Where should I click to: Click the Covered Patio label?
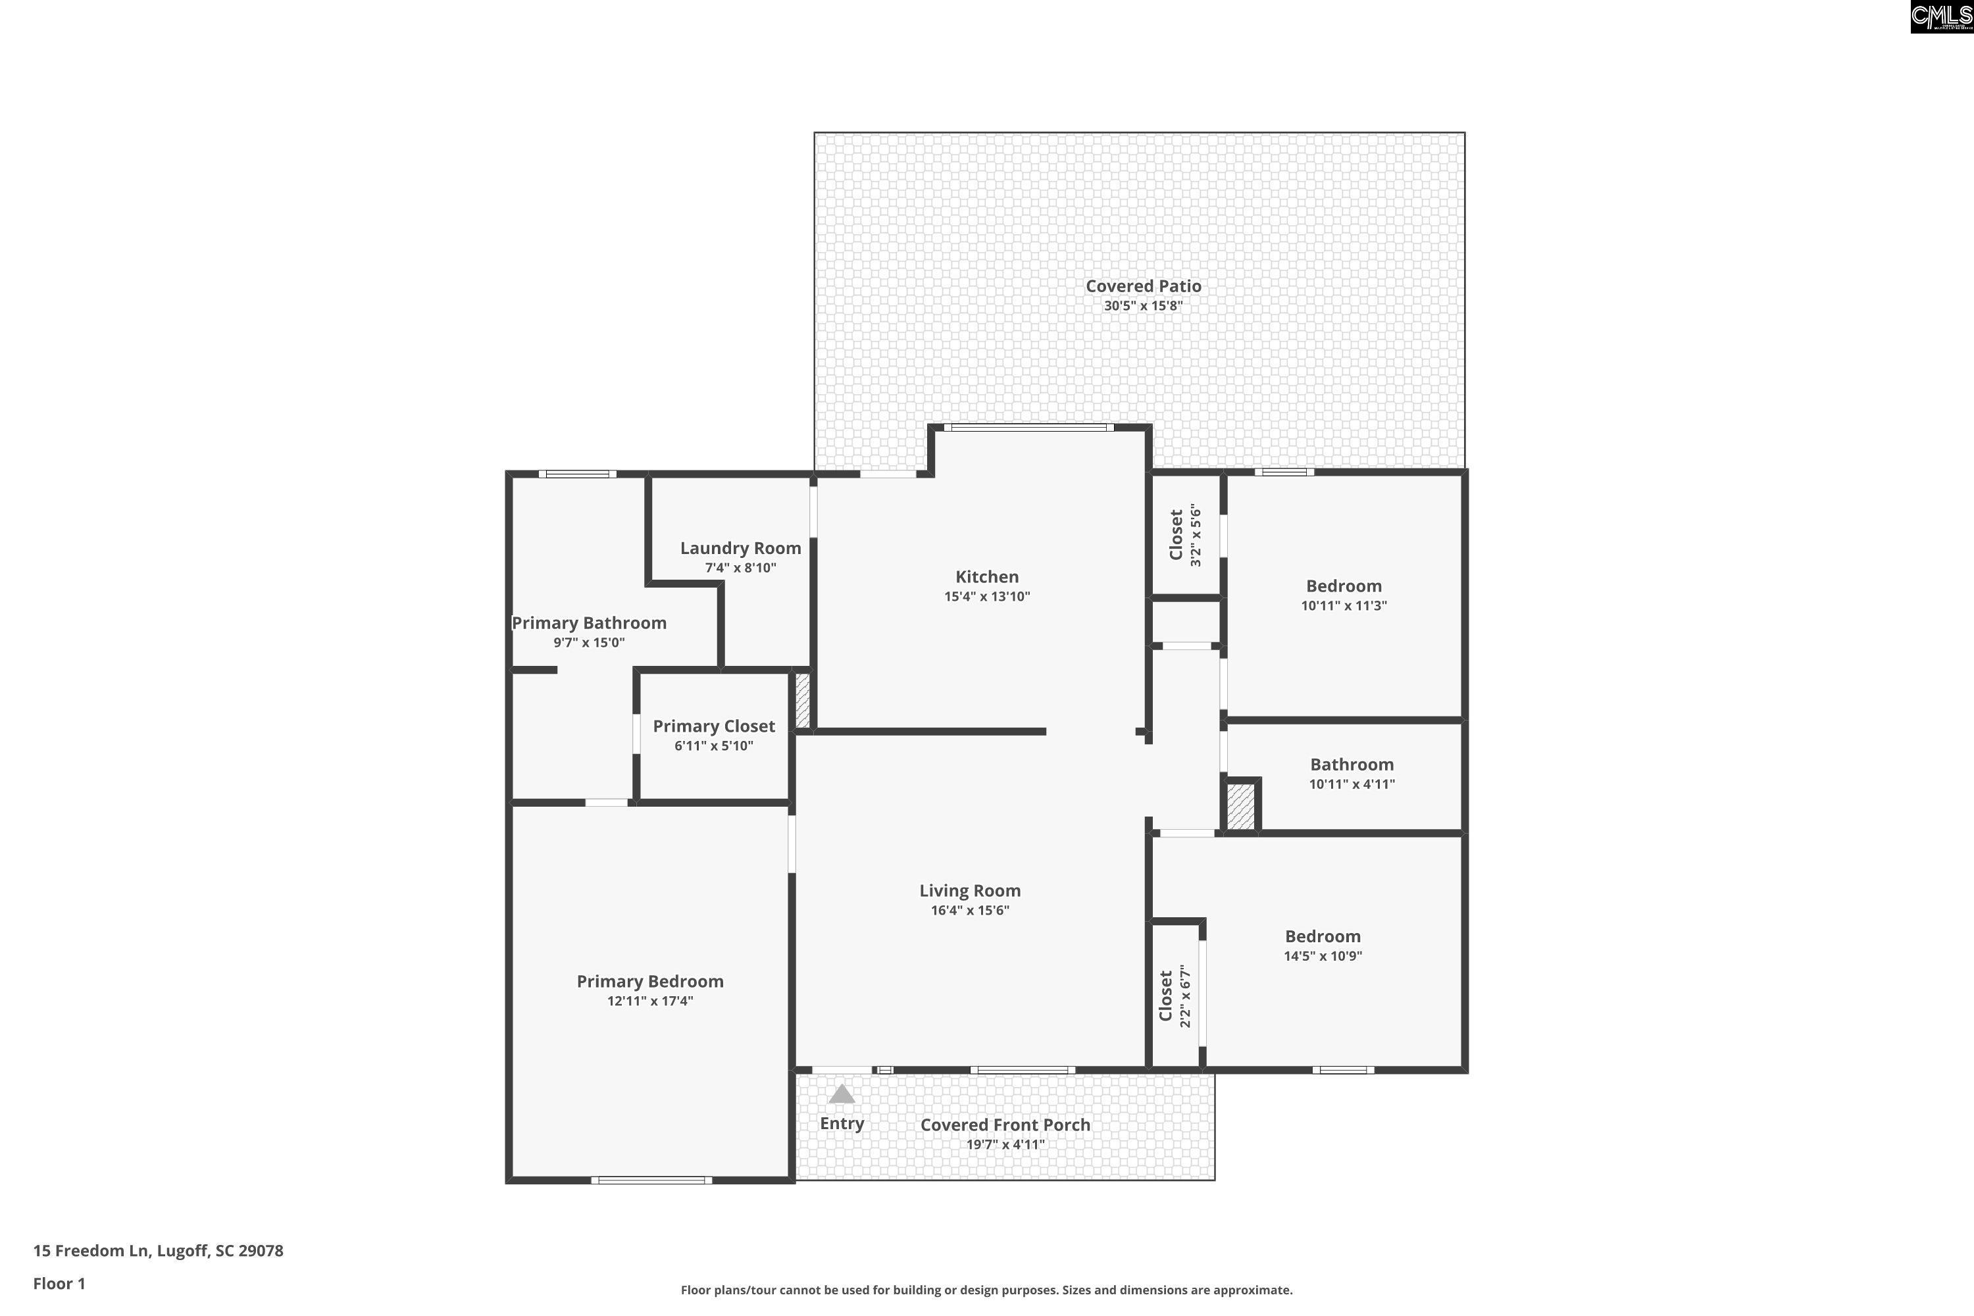point(1143,286)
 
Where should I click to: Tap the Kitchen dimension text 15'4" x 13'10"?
point(986,597)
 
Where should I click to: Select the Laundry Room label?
point(740,548)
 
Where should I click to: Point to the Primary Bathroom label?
point(589,622)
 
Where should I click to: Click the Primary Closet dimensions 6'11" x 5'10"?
point(713,746)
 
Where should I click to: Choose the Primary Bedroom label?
point(649,981)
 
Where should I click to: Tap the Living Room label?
point(969,890)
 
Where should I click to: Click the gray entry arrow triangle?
point(842,1094)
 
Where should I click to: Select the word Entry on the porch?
point(842,1123)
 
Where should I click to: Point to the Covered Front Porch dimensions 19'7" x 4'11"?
point(1005,1145)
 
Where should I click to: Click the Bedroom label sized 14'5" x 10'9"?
point(1323,936)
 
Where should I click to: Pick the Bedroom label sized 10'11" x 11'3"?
point(1343,586)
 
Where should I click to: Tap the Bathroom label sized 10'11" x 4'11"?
point(1352,765)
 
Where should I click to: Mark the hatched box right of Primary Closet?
point(802,700)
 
